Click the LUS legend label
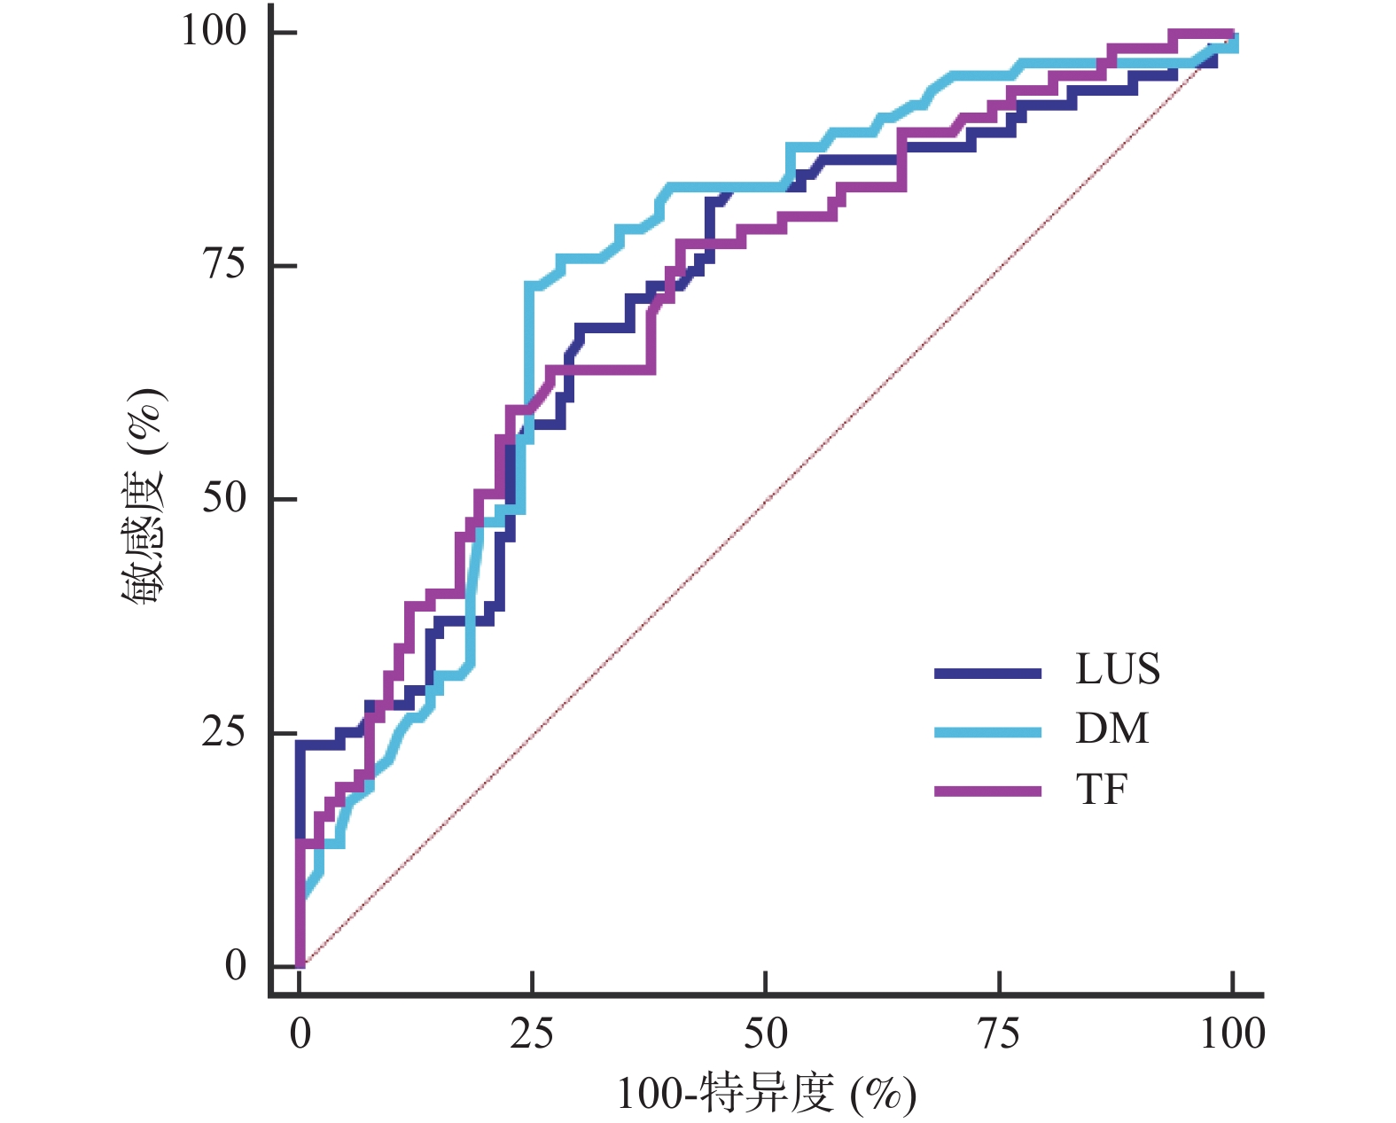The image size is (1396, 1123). [x=1117, y=669]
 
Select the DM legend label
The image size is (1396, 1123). [x=1111, y=729]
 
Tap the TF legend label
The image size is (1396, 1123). [x=1102, y=789]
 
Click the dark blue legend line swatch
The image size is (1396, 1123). [x=987, y=674]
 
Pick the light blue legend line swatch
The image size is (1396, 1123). [x=987, y=732]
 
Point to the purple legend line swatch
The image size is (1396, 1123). [x=987, y=791]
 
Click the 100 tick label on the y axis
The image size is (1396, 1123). [x=214, y=31]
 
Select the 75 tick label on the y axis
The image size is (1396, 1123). [x=223, y=264]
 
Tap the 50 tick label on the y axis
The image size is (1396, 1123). [x=223, y=497]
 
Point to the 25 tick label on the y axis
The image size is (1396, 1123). [x=223, y=731]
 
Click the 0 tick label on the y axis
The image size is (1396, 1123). [x=235, y=965]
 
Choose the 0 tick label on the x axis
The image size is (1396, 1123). [x=300, y=1033]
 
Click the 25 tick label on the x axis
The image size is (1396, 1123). [x=532, y=1033]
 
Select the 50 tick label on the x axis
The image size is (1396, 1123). [x=765, y=1033]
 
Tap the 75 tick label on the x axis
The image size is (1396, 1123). [x=998, y=1033]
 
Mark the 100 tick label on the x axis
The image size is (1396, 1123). [x=1232, y=1033]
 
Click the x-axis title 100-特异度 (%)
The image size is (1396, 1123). [x=766, y=1094]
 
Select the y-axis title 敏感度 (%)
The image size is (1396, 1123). [x=144, y=497]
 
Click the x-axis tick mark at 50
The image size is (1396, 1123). [x=765, y=983]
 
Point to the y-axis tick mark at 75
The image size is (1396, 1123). [x=284, y=265]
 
